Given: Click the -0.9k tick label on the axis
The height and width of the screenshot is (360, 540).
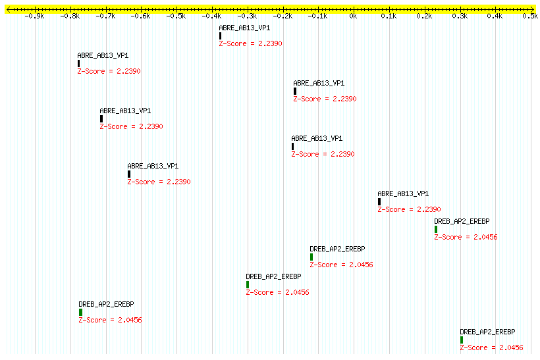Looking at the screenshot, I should (34, 16).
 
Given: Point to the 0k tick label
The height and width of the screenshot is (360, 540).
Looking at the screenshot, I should (353, 16).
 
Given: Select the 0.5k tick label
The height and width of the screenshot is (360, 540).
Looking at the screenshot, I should (529, 16).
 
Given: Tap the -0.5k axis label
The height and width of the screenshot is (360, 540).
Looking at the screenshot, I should (176, 16).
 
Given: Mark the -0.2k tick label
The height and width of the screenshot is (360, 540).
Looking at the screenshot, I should (283, 16).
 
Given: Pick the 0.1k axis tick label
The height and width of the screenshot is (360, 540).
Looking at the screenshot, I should (389, 16).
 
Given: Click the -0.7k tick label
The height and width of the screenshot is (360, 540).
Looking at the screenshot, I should (105, 16).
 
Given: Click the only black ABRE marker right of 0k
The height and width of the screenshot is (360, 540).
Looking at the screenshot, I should (379, 202).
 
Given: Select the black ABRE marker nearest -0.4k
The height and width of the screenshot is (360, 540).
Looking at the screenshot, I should (221, 36).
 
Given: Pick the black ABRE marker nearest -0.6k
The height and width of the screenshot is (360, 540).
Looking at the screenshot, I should (129, 174).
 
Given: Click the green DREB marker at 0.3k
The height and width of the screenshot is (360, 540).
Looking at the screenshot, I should (462, 340).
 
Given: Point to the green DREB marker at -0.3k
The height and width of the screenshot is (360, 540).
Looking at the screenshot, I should (248, 285).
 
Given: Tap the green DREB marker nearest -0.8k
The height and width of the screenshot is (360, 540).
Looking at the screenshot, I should (80, 312).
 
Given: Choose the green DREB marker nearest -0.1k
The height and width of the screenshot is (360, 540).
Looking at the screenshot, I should (311, 257).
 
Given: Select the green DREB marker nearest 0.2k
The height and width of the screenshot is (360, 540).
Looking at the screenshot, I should (436, 230).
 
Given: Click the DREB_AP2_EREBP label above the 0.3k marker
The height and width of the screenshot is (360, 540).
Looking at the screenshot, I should (487, 332).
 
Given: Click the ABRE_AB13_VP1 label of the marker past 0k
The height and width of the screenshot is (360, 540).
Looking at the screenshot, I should (403, 193).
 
